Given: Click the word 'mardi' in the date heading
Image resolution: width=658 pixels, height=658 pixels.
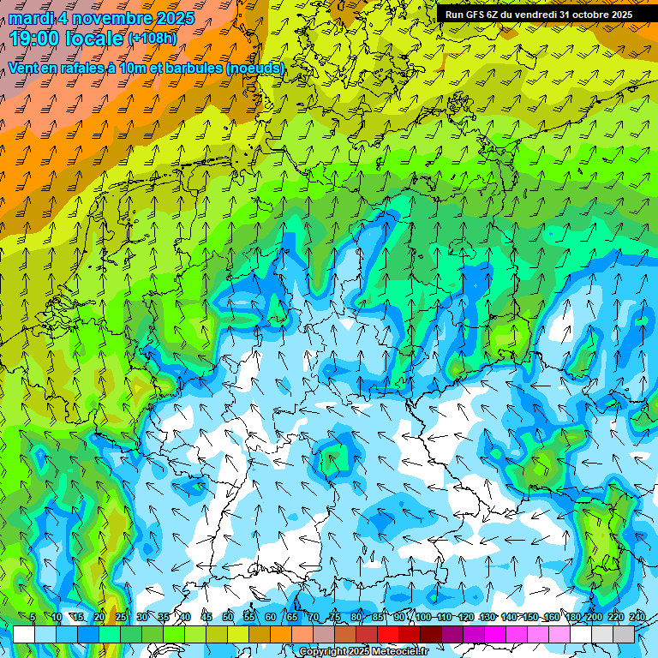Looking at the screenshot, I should (x=30, y=18).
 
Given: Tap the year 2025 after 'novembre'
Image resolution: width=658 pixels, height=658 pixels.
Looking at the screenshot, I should (x=172, y=18).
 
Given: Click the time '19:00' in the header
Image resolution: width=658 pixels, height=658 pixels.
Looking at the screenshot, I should (x=35, y=39).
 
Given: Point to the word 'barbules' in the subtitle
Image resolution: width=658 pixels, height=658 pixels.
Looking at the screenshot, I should (x=189, y=68).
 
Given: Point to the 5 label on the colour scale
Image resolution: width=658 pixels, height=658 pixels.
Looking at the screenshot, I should (x=33, y=617).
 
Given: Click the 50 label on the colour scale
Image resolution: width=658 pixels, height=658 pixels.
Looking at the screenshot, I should (x=228, y=617).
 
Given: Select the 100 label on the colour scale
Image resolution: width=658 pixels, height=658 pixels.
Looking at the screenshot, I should (x=423, y=617).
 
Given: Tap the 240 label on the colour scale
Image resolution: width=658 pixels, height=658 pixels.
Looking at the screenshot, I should (x=637, y=617).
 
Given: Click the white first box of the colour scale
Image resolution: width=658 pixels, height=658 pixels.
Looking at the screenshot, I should (x=24, y=634).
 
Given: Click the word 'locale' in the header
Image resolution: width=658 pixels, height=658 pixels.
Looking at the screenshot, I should (x=94, y=39).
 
